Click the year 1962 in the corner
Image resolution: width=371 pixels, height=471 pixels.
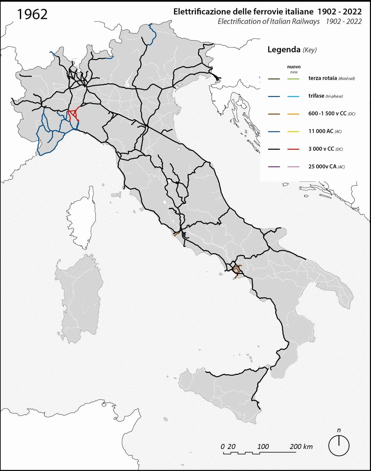click(33, 14)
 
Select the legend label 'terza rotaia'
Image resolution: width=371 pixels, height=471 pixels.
click(322, 79)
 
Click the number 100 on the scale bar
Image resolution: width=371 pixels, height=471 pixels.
click(263, 447)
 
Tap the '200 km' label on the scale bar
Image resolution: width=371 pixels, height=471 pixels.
click(301, 447)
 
